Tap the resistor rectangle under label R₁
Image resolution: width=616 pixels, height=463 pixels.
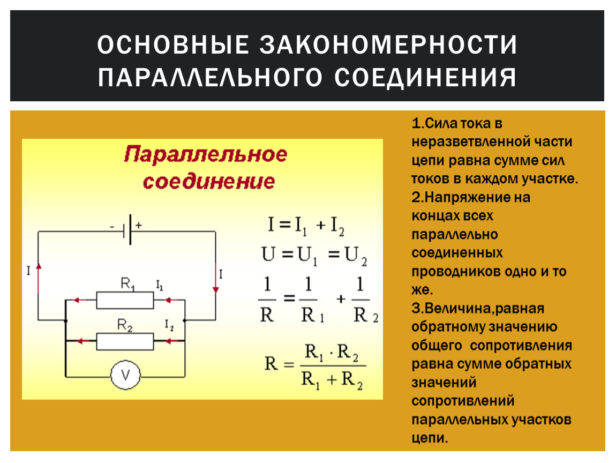click(x=125, y=300)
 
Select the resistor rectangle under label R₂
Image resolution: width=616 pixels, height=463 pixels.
click(x=125, y=341)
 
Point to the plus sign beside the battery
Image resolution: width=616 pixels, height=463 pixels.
click(x=139, y=225)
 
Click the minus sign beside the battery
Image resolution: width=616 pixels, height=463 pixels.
click(x=112, y=227)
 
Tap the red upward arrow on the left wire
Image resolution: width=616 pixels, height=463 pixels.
click(x=39, y=279)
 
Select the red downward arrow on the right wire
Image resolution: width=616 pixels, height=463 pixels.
click(x=215, y=278)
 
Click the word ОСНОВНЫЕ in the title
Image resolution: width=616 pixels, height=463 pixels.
click(x=173, y=44)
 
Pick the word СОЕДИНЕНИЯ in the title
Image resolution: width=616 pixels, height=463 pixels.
click(x=425, y=77)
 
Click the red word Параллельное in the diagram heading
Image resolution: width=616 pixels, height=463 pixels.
click(x=206, y=154)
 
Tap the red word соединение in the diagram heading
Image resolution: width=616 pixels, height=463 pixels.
click(x=208, y=181)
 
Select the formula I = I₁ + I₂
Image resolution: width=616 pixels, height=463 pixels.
click(x=306, y=226)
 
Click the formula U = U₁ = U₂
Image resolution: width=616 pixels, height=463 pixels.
click(x=314, y=255)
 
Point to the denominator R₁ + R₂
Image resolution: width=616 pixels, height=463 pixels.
click(x=332, y=380)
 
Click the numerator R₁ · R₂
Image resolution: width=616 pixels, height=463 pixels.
click(x=332, y=352)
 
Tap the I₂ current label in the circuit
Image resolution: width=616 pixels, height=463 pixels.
click(x=169, y=325)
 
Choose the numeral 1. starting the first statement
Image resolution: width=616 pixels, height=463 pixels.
click(x=418, y=123)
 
